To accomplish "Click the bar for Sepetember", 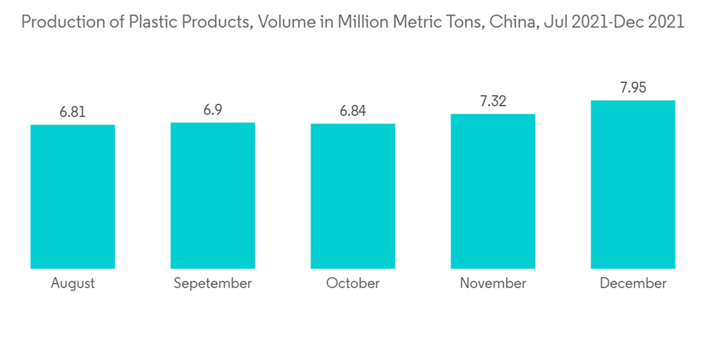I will coord(213,195).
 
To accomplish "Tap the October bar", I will coord(353,196).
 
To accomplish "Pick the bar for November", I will coord(493,191).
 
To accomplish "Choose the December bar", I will coord(633,184).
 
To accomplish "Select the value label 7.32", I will coord(493,101).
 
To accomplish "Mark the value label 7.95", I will coord(633,88).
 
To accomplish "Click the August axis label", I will coord(73,284).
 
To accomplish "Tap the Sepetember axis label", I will coord(213,284).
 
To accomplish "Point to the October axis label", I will coord(353,284).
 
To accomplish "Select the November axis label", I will coord(493,284).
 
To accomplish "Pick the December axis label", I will coord(633,284).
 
